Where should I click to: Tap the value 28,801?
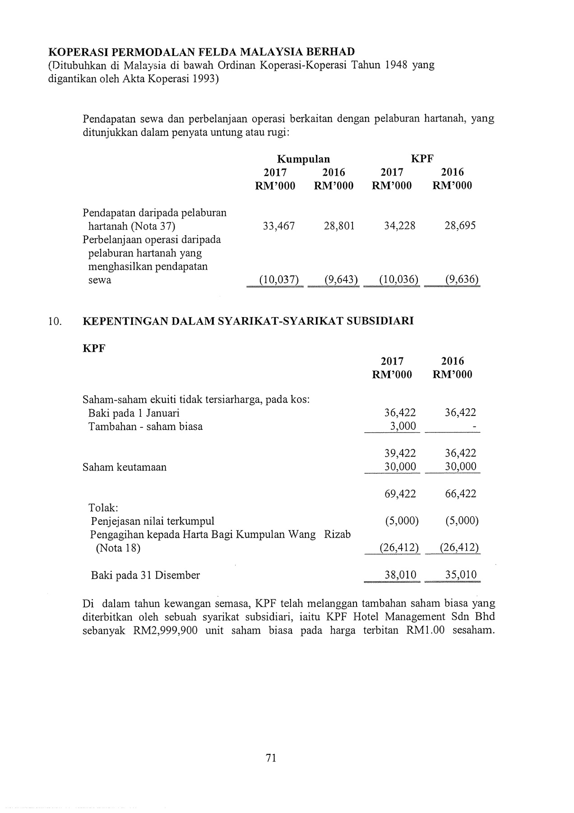click(339, 226)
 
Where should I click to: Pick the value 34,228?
click(399, 226)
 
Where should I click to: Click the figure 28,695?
click(460, 226)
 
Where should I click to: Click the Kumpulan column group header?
click(303, 159)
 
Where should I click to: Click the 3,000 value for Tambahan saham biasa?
click(401, 426)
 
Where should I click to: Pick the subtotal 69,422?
click(400, 494)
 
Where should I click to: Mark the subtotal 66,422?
click(460, 494)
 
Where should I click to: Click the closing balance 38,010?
click(400, 575)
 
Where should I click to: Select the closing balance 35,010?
click(460, 575)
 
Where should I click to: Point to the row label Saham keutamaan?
click(125, 467)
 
